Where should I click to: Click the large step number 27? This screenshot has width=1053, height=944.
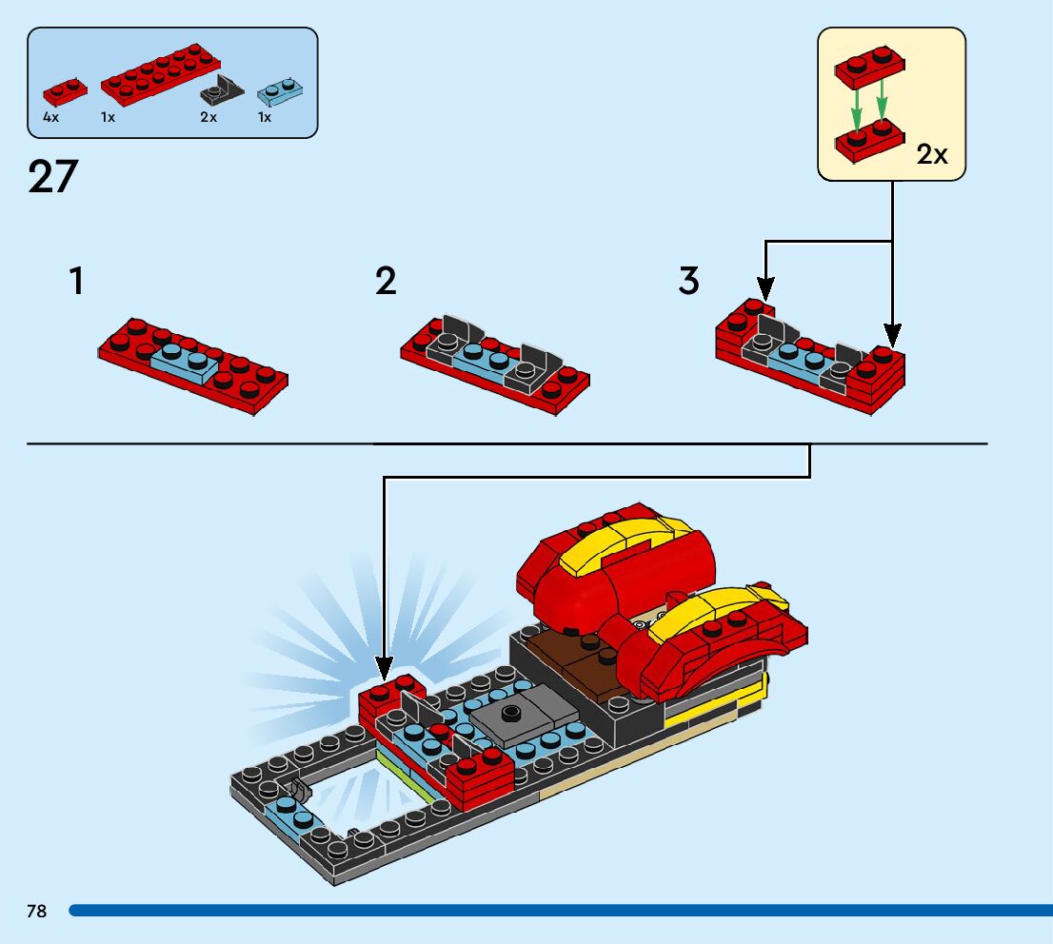click(x=53, y=176)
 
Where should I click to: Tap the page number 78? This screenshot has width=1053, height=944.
click(x=37, y=911)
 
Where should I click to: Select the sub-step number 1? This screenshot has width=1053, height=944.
click(x=76, y=281)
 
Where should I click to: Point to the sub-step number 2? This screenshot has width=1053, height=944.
click(x=386, y=281)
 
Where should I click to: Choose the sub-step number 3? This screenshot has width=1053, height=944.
click(x=689, y=281)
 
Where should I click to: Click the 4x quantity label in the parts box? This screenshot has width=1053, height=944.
click(x=51, y=117)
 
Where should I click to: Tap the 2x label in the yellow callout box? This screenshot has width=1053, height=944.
click(x=932, y=154)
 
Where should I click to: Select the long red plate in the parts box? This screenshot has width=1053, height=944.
click(x=161, y=75)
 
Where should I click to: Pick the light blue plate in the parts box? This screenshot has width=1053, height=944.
click(x=279, y=92)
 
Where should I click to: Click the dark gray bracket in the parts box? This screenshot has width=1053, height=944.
click(x=222, y=90)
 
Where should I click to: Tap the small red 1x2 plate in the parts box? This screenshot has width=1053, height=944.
click(x=65, y=92)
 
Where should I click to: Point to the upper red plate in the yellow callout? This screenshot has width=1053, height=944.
click(x=869, y=68)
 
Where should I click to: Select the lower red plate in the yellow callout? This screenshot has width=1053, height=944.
click(x=869, y=141)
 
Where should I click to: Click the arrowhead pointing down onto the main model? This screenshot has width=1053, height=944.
click(x=384, y=669)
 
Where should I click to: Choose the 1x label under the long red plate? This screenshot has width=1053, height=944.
click(x=109, y=117)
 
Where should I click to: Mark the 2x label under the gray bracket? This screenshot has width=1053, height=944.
click(x=209, y=117)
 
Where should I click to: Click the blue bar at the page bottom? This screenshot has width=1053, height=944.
click(x=561, y=911)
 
